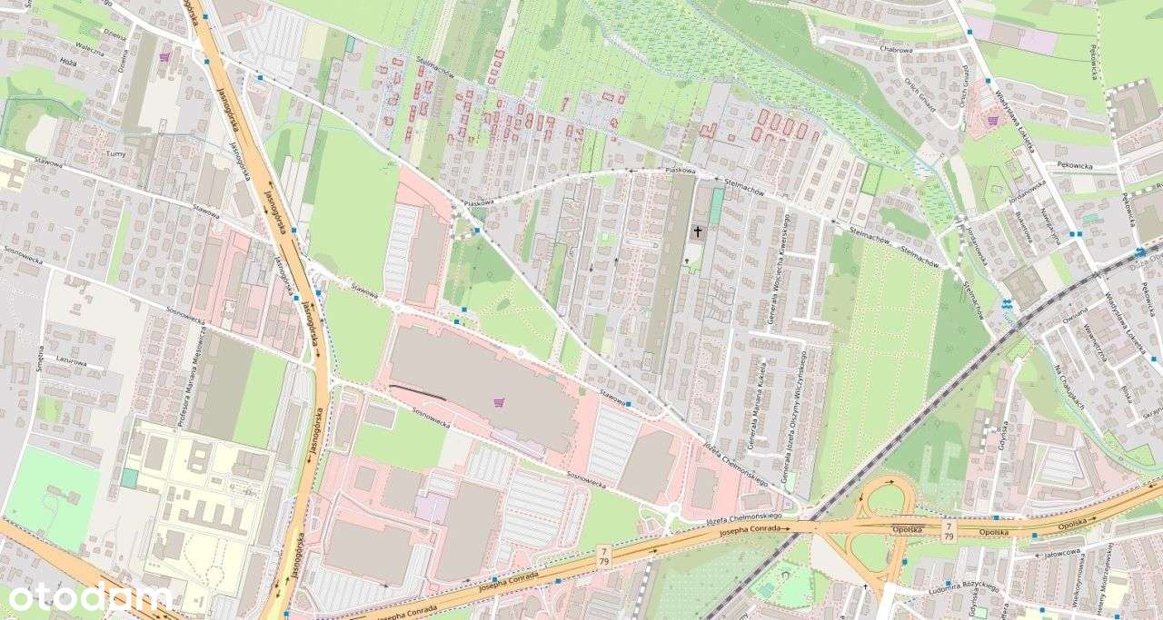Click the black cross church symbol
pyautogui.click(x=698, y=231)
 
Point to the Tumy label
pyautogui.click(x=115, y=154)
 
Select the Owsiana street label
pyautogui.click(x=1074, y=318)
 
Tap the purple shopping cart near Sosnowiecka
pyautogui.click(x=499, y=402)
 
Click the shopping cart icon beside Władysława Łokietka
pyautogui.click(x=992, y=120)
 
